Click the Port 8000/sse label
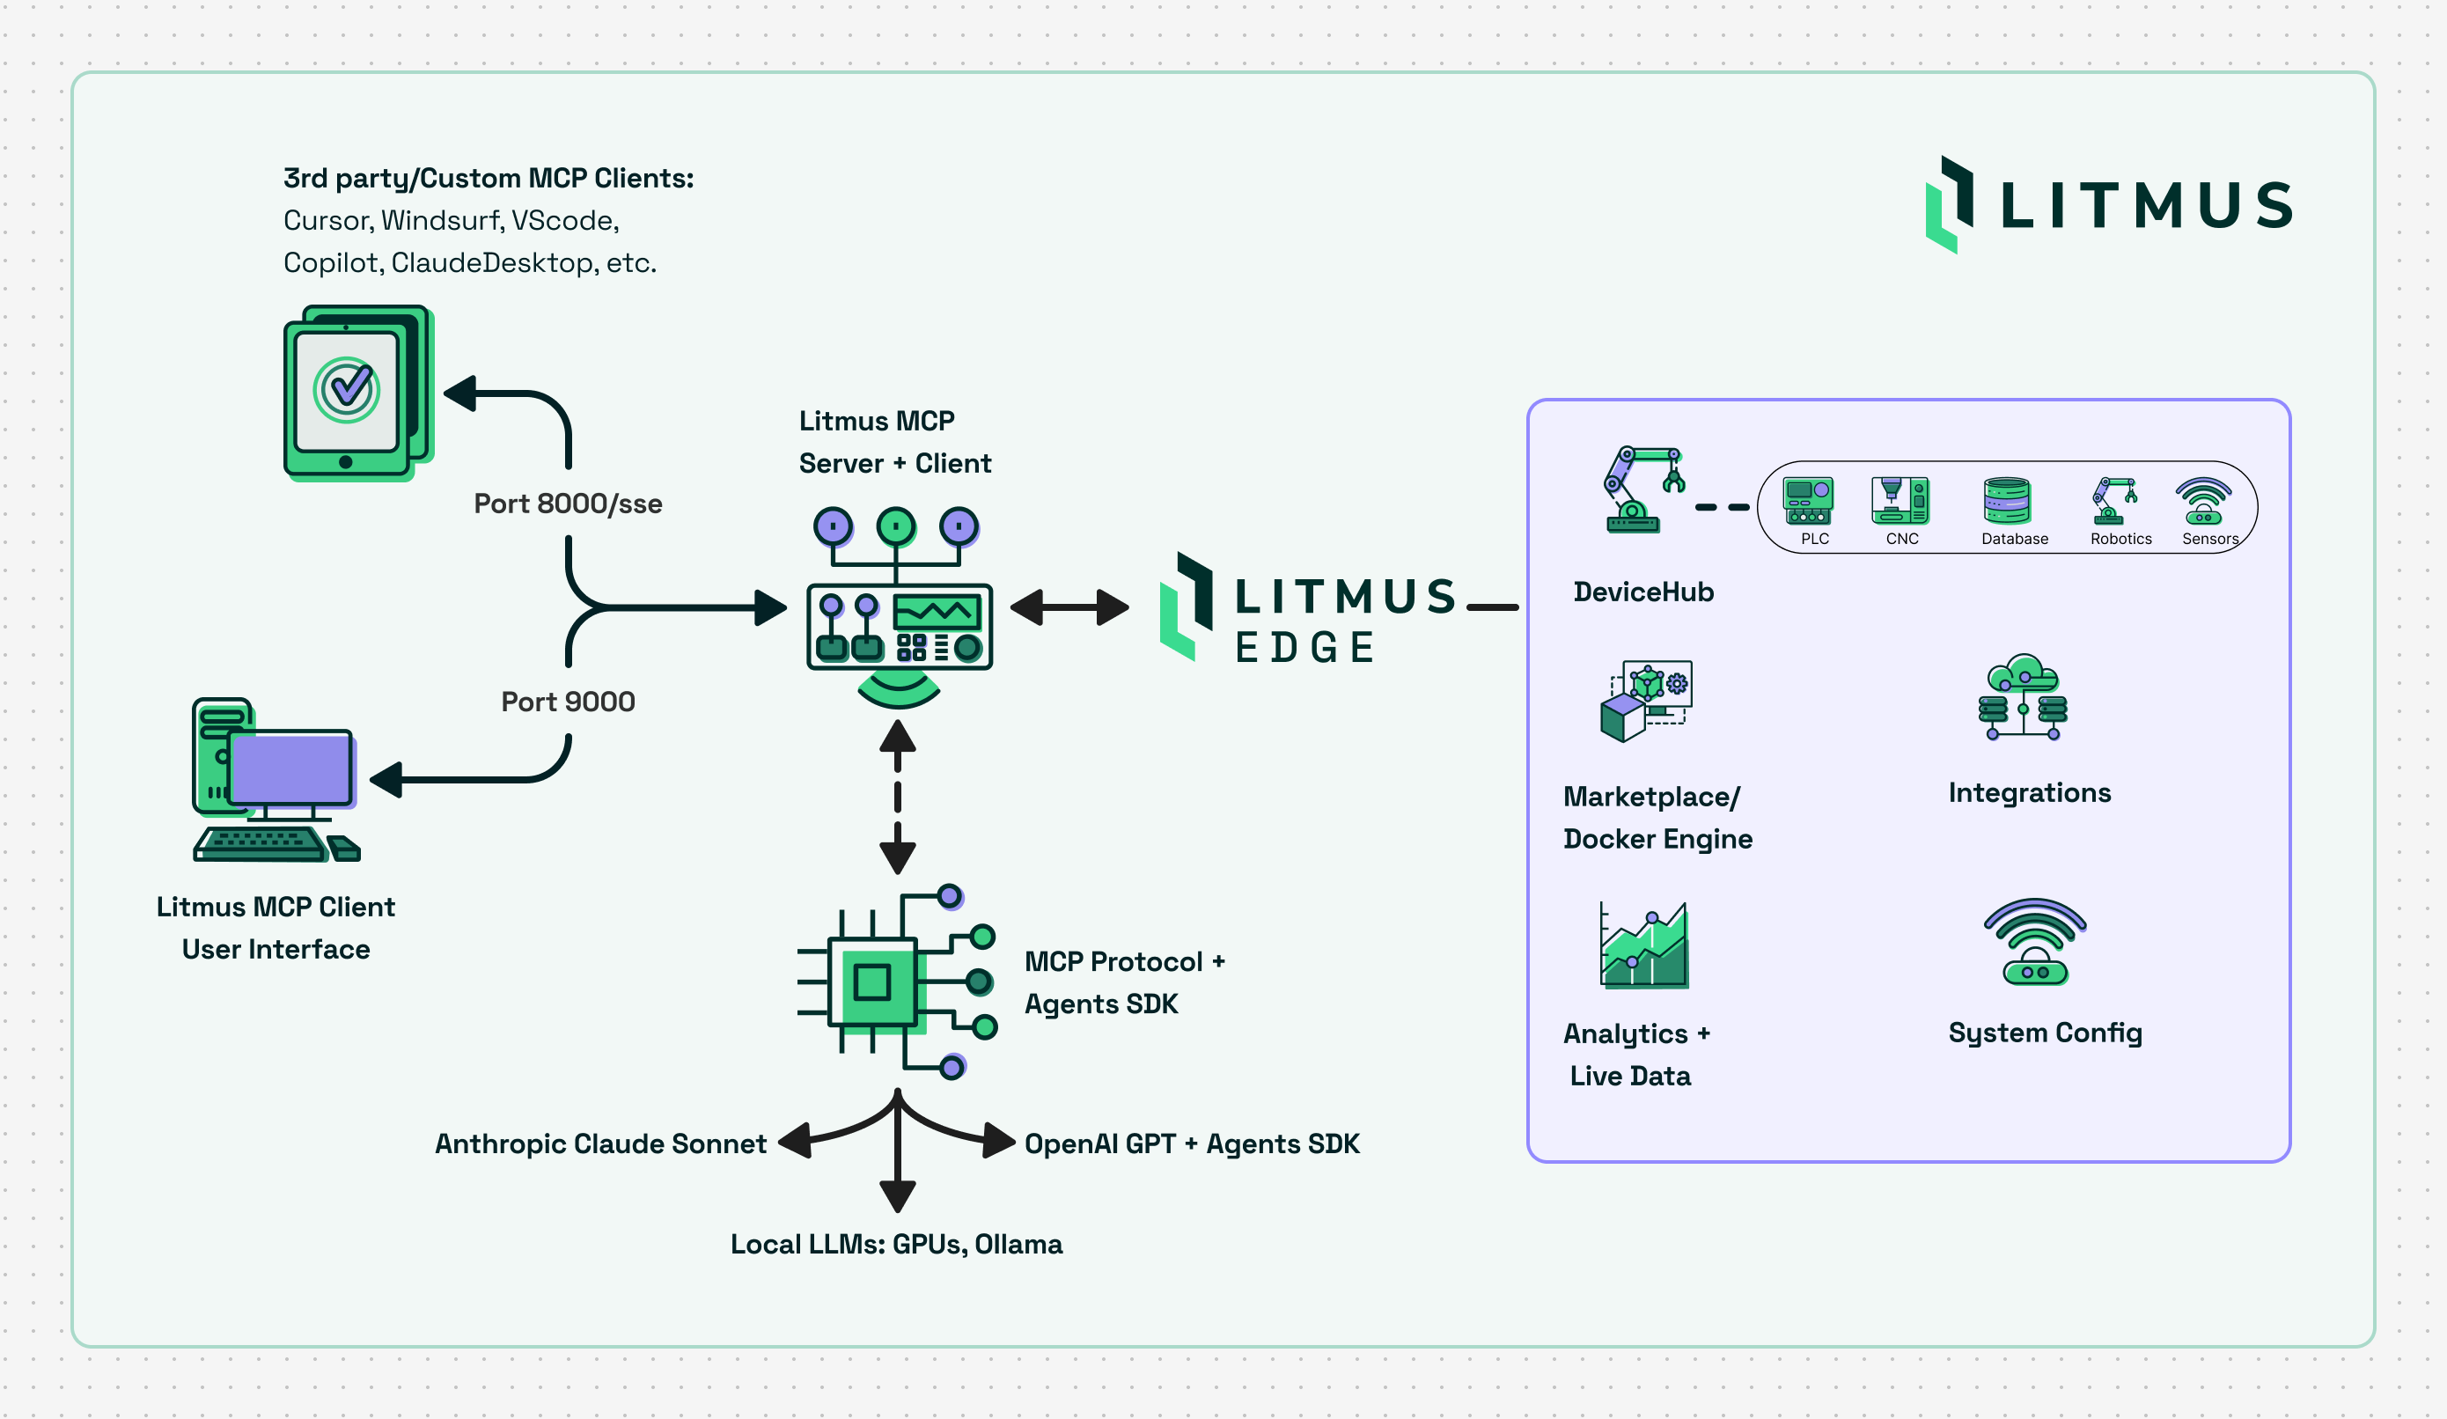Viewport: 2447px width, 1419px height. point(568,504)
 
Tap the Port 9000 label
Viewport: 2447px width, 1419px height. point(568,702)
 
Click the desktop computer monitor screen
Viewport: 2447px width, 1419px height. point(291,768)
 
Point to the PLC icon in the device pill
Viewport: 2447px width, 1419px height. point(1807,501)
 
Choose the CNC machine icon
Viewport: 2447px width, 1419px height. point(1900,501)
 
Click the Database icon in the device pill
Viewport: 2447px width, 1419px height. point(2006,501)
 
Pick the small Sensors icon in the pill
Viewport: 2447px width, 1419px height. point(2203,501)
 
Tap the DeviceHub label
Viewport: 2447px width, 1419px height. point(1643,592)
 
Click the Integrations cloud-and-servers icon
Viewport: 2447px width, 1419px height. point(2023,697)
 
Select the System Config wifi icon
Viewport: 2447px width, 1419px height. point(2034,941)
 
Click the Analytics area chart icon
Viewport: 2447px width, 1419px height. point(1644,946)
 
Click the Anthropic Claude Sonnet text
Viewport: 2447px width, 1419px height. point(600,1143)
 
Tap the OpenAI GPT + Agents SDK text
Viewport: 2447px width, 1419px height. point(1192,1143)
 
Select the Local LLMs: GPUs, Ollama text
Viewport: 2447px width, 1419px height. point(896,1244)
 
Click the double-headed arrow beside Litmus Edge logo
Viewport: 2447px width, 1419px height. point(1069,608)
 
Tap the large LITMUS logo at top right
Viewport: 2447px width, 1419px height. point(2108,205)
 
